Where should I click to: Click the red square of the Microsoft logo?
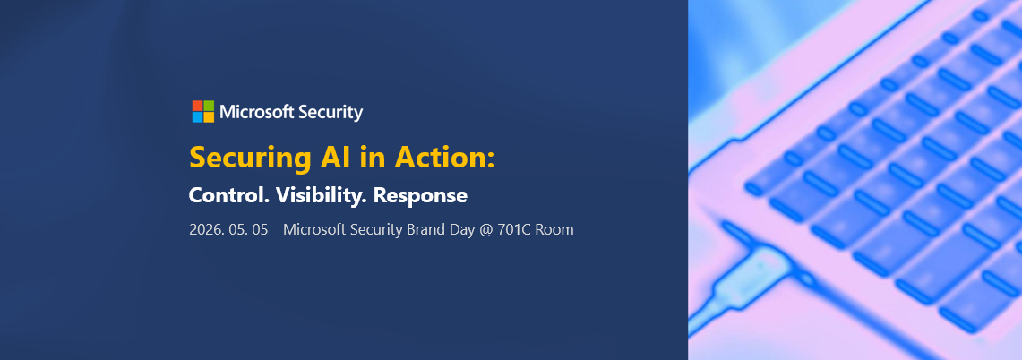(x=197, y=106)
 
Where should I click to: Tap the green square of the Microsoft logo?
(x=209, y=106)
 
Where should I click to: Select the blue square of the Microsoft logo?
(x=197, y=117)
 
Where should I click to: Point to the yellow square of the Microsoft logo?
(x=209, y=117)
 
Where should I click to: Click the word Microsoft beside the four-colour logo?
(x=257, y=112)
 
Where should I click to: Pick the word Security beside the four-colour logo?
(x=331, y=113)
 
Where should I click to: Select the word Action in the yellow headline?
(x=445, y=157)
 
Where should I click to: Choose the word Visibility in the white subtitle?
(x=321, y=194)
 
